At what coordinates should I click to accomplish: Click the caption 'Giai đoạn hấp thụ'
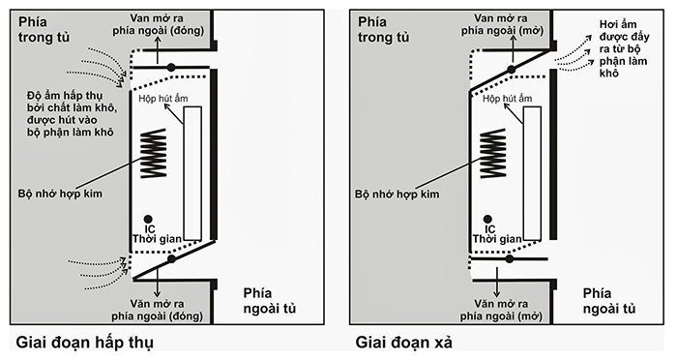pyautogui.click(x=85, y=343)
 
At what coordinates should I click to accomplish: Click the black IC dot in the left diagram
pyautogui.click(x=148, y=219)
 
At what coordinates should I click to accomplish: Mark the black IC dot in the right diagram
pyautogui.click(x=487, y=219)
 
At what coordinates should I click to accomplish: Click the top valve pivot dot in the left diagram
pyautogui.click(x=170, y=66)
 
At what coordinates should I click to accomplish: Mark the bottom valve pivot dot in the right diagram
pyautogui.click(x=510, y=258)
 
